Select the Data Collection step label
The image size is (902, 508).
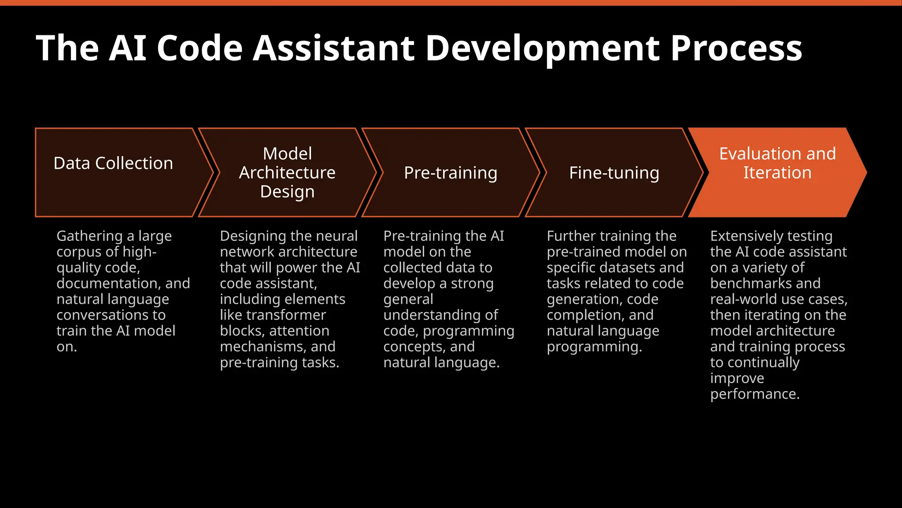click(113, 163)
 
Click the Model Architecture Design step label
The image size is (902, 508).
click(287, 172)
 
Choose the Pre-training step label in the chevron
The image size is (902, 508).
click(451, 173)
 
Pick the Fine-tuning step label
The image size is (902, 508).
click(614, 173)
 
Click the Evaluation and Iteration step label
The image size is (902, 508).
click(777, 163)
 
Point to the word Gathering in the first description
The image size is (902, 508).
click(89, 236)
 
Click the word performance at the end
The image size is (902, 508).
click(754, 394)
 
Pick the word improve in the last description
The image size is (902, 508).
click(737, 378)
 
